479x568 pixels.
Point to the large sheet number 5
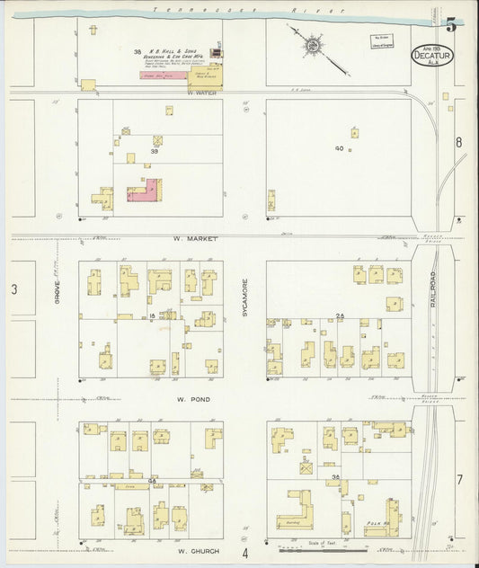pyautogui.click(x=450, y=25)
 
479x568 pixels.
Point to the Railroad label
pyautogui.click(x=433, y=290)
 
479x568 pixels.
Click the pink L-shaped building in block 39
pyautogui.click(x=148, y=190)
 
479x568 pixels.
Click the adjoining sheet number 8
pyautogui.click(x=458, y=142)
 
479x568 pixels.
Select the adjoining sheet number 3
pyautogui.click(x=13, y=288)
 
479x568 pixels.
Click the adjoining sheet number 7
pyautogui.click(x=458, y=478)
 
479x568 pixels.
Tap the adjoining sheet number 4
pyautogui.click(x=243, y=552)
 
